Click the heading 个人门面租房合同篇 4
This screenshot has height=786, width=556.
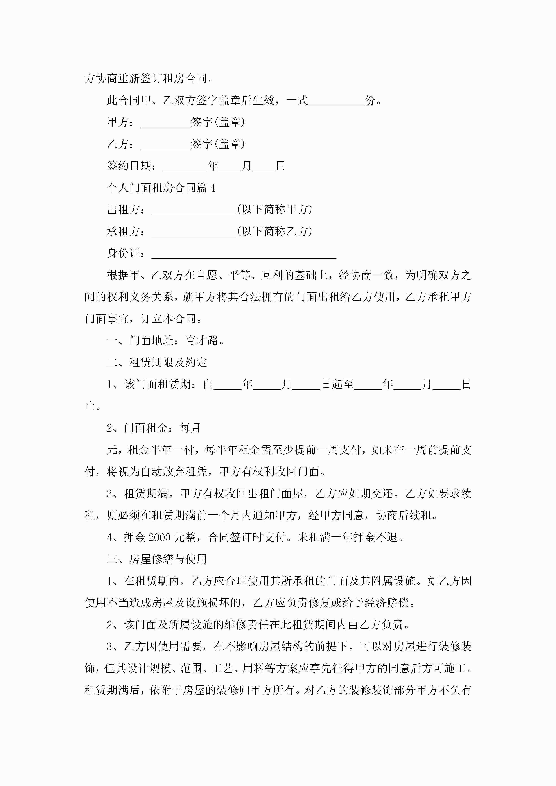coord(161,188)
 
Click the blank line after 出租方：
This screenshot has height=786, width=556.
coord(193,210)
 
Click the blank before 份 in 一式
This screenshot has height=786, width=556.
coord(336,101)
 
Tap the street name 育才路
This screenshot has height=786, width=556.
coord(202,341)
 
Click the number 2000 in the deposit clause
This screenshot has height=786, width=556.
coord(159,538)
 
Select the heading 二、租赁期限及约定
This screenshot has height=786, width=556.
coord(157,363)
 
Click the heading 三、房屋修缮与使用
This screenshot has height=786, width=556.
coord(157,559)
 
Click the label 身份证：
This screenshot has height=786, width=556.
coord(126,253)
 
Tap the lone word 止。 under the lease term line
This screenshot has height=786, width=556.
coord(93,406)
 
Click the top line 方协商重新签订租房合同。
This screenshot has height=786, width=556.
coord(149,79)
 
